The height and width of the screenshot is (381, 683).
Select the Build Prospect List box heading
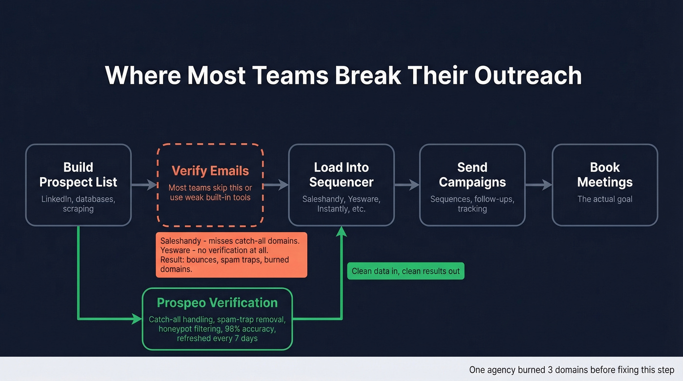click(78, 175)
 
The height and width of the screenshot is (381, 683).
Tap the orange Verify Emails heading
click(210, 171)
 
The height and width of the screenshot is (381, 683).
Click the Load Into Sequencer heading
click(341, 175)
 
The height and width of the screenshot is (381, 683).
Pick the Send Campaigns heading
click(472, 175)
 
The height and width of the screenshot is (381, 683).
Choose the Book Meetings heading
click(605, 175)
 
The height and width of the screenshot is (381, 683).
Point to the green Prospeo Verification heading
click(217, 302)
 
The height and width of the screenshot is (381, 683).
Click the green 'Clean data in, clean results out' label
click(406, 271)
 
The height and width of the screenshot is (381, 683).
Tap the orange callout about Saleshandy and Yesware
click(231, 255)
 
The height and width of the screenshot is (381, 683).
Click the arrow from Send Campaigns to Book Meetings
click(539, 185)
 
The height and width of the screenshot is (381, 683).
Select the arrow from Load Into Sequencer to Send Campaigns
click(407, 185)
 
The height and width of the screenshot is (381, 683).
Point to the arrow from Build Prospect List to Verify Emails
click(144, 185)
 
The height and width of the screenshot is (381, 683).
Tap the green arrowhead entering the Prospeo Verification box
click(137, 319)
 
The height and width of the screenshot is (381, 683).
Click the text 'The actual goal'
click(605, 199)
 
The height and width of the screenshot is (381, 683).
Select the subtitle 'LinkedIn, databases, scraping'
click(78, 204)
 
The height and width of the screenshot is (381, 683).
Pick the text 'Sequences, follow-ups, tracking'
click(472, 204)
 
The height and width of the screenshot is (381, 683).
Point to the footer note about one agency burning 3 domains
click(571, 370)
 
